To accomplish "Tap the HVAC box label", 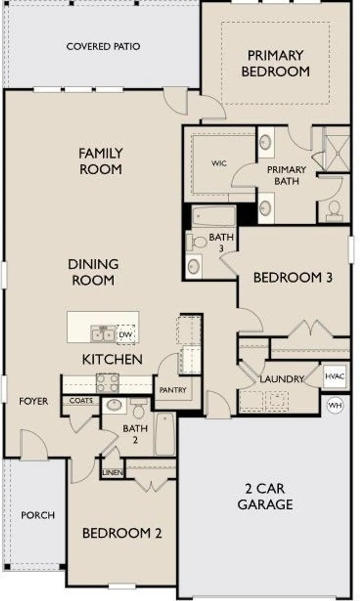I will (334, 377).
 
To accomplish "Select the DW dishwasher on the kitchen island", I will (126, 335).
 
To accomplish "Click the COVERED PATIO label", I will (103, 46).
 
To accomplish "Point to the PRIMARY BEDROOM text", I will (275, 63).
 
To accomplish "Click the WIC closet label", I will (219, 163).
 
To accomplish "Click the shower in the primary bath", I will (336, 149).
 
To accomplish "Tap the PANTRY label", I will (173, 390).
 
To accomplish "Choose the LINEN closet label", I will (113, 473).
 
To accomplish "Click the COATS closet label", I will (81, 400).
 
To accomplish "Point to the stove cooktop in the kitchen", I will (107, 383).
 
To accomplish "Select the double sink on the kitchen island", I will (103, 334).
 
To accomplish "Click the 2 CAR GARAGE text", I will (265, 496).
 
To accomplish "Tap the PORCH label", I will (38, 515).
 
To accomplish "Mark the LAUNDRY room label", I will (281, 379).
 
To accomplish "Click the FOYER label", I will (33, 401).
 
